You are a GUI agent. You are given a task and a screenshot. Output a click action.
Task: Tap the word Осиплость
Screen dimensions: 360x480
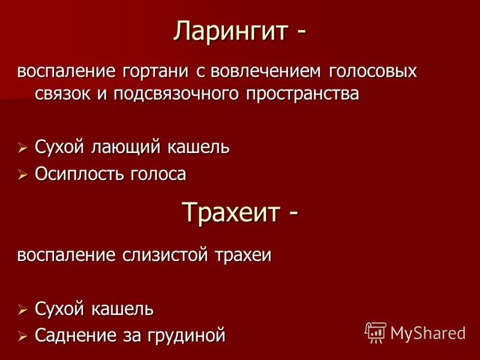[79, 174]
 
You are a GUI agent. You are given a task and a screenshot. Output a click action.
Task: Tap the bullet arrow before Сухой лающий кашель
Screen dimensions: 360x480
[23, 148]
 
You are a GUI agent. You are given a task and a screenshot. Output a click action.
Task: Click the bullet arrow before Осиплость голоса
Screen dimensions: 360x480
[23, 175]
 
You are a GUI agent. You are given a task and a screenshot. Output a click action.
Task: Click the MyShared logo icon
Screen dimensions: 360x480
[376, 332]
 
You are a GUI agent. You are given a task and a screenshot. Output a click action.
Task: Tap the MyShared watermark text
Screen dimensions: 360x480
[428, 334]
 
